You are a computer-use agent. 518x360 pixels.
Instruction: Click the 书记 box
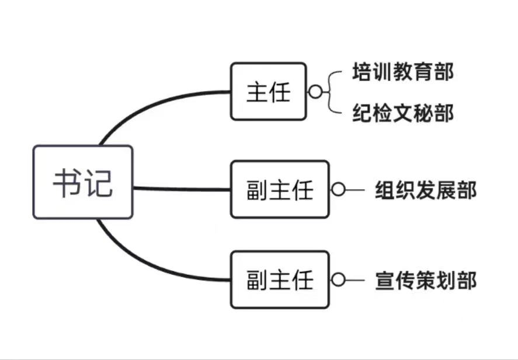click(x=82, y=182)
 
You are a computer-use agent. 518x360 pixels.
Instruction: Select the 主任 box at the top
click(x=268, y=92)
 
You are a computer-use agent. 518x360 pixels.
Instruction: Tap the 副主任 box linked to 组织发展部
click(x=280, y=190)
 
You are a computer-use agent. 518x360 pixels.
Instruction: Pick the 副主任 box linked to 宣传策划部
click(x=280, y=279)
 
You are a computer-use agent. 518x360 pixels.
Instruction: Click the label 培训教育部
click(x=403, y=72)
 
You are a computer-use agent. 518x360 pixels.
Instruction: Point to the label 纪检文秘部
click(x=403, y=113)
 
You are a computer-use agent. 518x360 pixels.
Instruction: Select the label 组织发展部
click(x=425, y=190)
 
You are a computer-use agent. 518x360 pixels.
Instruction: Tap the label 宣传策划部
click(x=425, y=280)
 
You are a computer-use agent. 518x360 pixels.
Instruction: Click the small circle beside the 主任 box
click(x=315, y=92)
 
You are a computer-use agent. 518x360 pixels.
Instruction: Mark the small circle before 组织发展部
click(x=338, y=190)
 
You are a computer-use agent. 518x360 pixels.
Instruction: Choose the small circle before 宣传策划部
click(x=338, y=279)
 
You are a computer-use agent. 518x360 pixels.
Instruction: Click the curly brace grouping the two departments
click(x=333, y=92)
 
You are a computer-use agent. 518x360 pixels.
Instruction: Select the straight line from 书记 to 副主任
click(x=181, y=188)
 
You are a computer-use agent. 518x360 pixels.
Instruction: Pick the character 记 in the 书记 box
click(x=98, y=183)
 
